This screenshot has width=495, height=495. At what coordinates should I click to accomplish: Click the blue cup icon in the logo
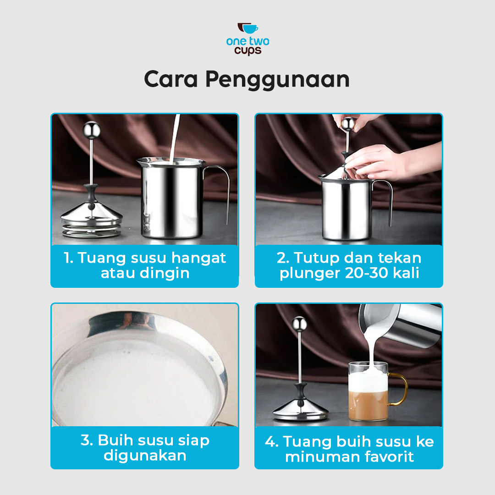(x=250, y=29)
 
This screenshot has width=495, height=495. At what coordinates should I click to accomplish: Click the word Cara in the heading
(x=171, y=79)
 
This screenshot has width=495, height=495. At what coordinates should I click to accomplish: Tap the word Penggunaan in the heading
(x=277, y=80)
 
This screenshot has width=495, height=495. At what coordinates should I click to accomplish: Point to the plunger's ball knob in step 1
(x=92, y=130)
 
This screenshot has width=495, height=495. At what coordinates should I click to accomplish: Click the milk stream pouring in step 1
(x=174, y=139)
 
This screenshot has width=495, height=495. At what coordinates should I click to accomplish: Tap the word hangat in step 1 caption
(x=198, y=258)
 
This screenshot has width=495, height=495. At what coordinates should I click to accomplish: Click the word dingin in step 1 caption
(x=165, y=273)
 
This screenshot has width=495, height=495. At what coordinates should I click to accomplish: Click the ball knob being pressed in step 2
(x=348, y=124)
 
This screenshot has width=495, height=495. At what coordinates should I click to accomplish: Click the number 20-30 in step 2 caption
(x=366, y=273)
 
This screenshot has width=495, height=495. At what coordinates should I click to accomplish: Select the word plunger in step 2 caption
(x=308, y=273)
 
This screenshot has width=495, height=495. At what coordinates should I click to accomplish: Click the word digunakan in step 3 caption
(x=145, y=456)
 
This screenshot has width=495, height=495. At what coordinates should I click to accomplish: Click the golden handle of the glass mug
(x=398, y=389)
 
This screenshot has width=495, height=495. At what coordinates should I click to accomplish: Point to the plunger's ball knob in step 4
(x=299, y=324)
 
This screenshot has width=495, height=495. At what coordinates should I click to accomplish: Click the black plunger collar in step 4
(x=300, y=392)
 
